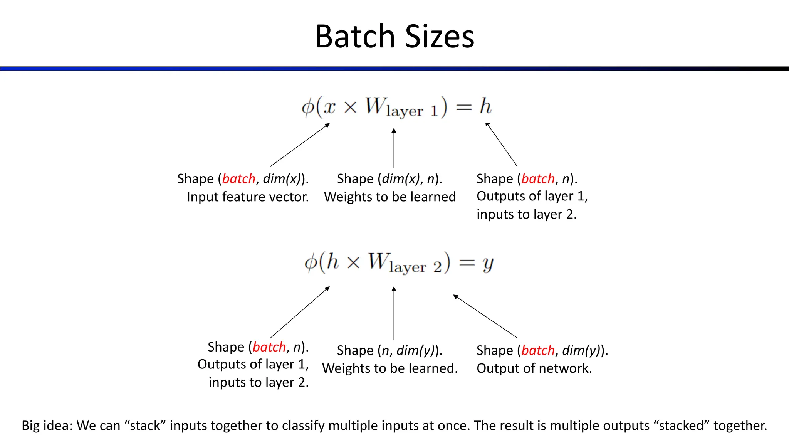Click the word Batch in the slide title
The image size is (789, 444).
tap(355, 36)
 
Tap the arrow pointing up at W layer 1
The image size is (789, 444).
tap(394, 148)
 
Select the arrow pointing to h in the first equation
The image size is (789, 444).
tap(501, 144)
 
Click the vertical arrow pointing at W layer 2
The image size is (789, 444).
tap(394, 313)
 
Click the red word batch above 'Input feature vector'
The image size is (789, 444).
tap(239, 179)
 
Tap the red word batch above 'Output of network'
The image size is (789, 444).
tap(538, 350)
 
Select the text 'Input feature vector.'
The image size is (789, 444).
tap(248, 197)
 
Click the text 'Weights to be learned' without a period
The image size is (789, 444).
tap(389, 197)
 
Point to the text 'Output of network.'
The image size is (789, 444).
tap(534, 368)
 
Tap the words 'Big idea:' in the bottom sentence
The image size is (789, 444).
tap(47, 425)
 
